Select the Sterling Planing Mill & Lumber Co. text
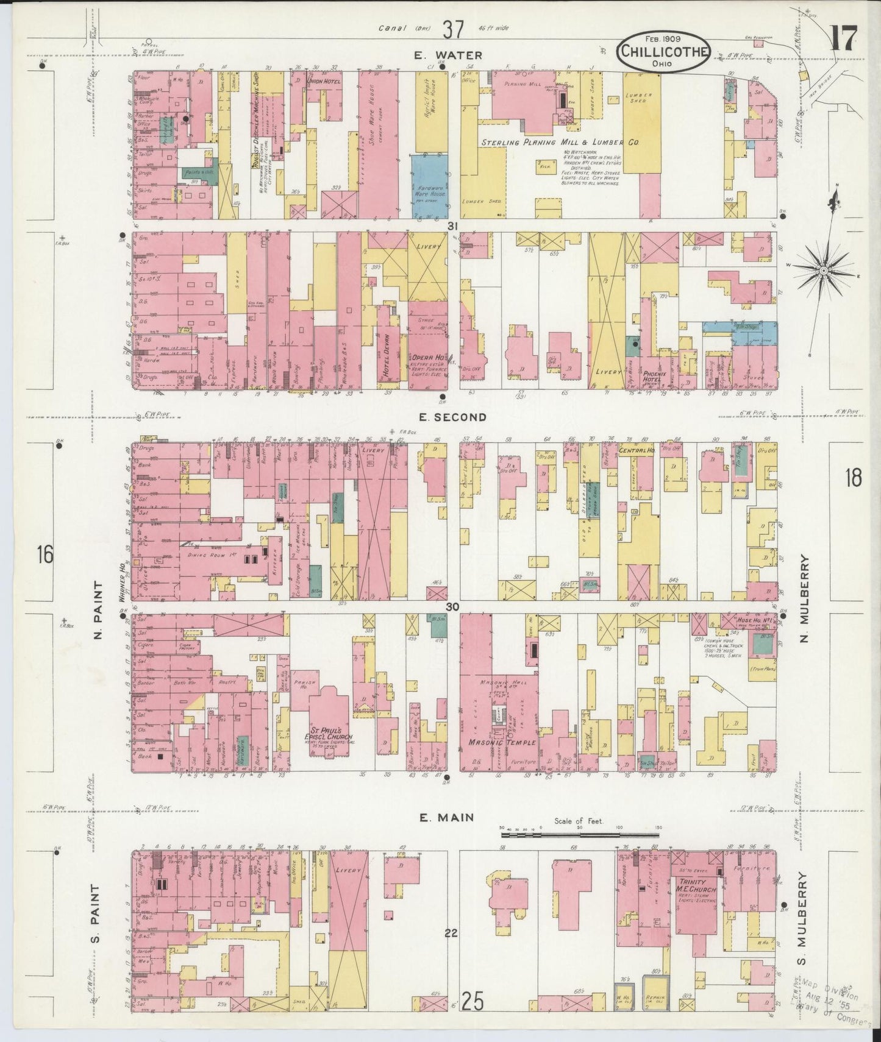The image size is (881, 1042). (x=559, y=143)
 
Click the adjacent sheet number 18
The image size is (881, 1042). (x=853, y=478)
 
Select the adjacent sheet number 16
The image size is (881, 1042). (x=45, y=555)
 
